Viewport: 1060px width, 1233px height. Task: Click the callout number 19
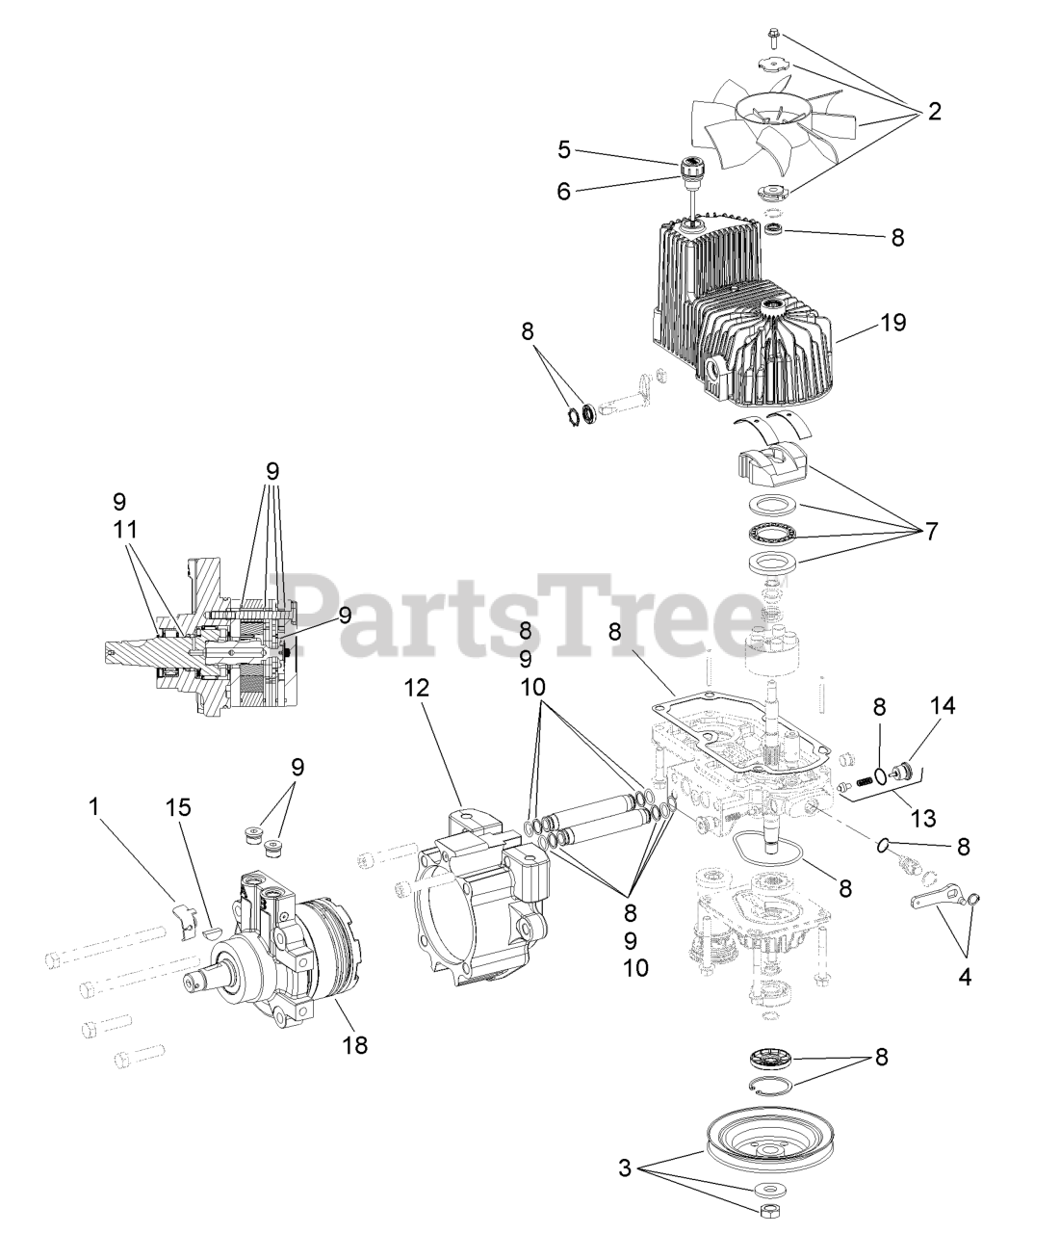(x=892, y=322)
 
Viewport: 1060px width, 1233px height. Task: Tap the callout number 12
(x=416, y=688)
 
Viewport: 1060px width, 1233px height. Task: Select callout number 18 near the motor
(x=355, y=1044)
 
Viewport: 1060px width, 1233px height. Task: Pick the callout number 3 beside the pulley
(x=626, y=1169)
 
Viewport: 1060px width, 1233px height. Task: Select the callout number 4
(x=963, y=977)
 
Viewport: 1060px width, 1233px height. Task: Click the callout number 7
(x=930, y=531)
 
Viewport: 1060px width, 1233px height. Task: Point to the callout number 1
(x=93, y=807)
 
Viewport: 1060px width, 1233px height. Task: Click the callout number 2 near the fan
(x=934, y=112)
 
